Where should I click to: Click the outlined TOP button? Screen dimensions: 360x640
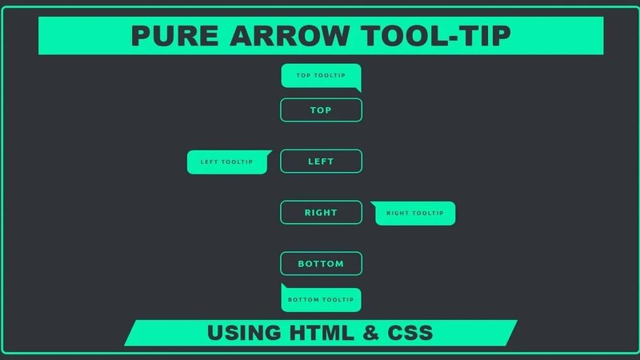pyautogui.click(x=321, y=110)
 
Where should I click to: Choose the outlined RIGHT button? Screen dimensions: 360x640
pyautogui.click(x=321, y=213)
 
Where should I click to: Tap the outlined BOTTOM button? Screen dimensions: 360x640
pyautogui.click(x=321, y=264)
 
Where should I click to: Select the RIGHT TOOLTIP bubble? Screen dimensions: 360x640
pyautogui.click(x=414, y=214)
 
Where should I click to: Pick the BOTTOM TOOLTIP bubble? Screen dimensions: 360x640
pyautogui.click(x=320, y=300)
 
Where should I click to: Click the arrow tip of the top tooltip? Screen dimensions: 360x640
pyautogui.click(x=358, y=90)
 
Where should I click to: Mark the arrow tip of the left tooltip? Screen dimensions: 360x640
pyautogui.click(x=270, y=152)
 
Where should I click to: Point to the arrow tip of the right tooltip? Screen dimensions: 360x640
pyautogui.click(x=372, y=203)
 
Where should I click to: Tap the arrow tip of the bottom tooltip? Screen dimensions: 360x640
pyautogui.click(x=282, y=286)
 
